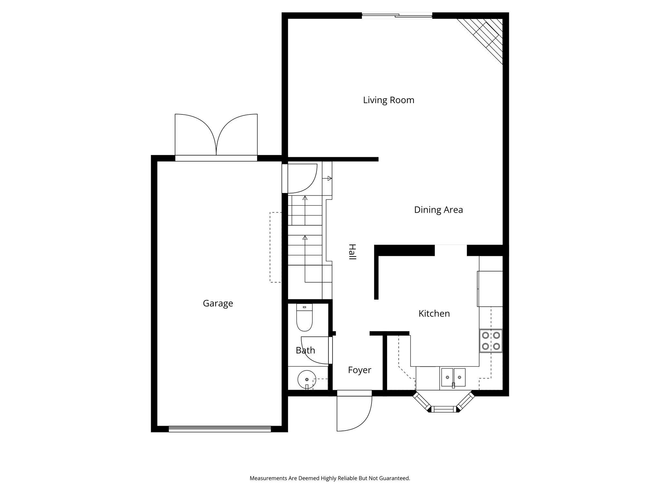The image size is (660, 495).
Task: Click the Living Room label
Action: pyautogui.click(x=388, y=100)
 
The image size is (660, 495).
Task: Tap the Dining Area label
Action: pyautogui.click(x=438, y=210)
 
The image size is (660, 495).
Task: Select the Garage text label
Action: pyautogui.click(x=218, y=303)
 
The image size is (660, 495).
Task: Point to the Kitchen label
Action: pyautogui.click(x=434, y=314)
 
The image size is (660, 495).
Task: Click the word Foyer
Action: pyautogui.click(x=359, y=370)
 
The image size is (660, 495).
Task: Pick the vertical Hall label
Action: pyautogui.click(x=352, y=252)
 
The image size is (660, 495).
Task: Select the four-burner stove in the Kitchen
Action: pyautogui.click(x=491, y=341)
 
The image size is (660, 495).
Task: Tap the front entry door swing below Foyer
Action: pyautogui.click(x=354, y=412)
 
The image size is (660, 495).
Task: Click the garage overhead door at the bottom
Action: pyautogui.click(x=220, y=429)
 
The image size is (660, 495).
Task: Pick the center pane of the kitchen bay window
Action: pyautogui.click(x=444, y=409)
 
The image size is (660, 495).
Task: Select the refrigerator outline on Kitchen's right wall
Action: pyautogui.click(x=490, y=289)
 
